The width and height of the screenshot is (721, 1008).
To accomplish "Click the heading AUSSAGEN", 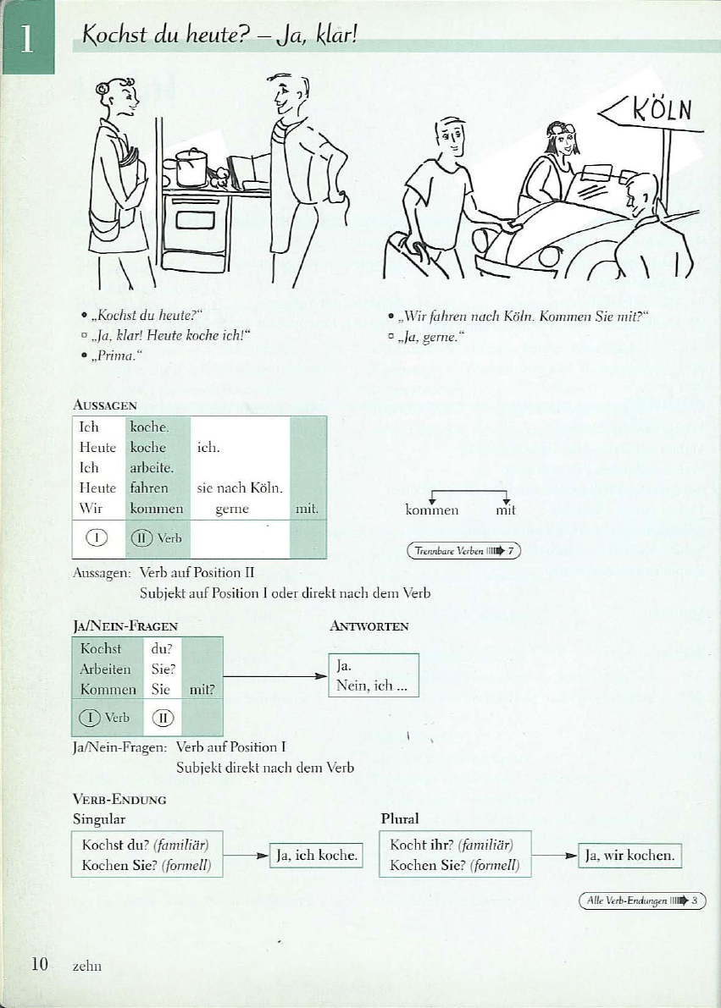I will [x=105, y=405].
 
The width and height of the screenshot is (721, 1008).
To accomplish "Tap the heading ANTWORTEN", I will [x=369, y=626].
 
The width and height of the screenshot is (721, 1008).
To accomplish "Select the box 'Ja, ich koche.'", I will [x=315, y=856].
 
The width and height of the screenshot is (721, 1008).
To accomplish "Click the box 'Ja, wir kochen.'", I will [x=629, y=856].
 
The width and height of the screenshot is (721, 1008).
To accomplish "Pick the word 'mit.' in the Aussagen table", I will [x=307, y=510].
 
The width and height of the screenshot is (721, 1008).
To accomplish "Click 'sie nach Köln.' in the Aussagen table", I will [x=239, y=488].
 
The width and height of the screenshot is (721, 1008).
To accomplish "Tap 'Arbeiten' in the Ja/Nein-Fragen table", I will [x=106, y=669].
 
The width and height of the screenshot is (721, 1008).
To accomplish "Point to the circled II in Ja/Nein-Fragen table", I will [x=162, y=718].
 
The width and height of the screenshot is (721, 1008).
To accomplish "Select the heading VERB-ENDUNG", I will [x=119, y=799].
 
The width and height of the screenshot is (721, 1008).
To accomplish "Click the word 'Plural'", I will [x=400, y=819].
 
